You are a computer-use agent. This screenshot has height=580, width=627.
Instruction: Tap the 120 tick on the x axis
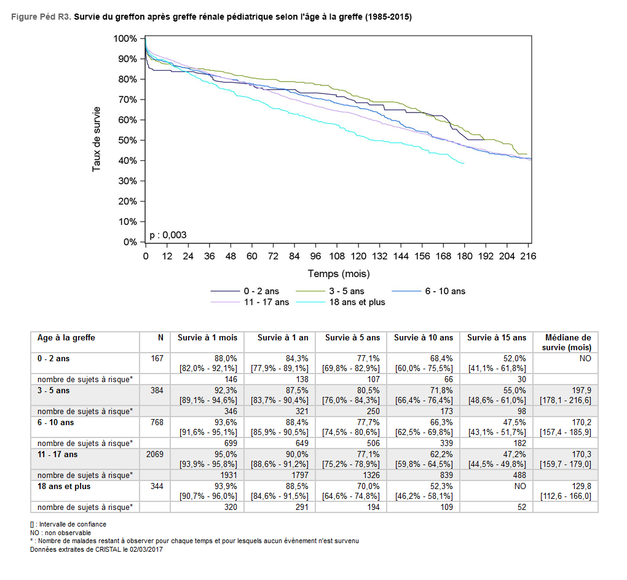(x=358, y=256)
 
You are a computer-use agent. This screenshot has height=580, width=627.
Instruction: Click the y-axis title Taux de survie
(x=97, y=140)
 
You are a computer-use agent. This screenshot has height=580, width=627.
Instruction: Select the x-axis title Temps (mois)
(x=339, y=273)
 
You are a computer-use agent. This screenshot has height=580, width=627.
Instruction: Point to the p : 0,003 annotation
(x=168, y=235)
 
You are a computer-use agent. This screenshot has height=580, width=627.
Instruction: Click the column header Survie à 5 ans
(x=353, y=338)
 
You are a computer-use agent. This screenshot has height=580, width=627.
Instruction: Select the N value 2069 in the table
(x=153, y=455)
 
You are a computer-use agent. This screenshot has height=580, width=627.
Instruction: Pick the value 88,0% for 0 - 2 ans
(x=226, y=358)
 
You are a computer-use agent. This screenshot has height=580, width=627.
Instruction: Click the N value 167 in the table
(x=157, y=358)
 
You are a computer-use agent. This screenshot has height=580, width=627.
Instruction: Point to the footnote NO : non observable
(x=60, y=533)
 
